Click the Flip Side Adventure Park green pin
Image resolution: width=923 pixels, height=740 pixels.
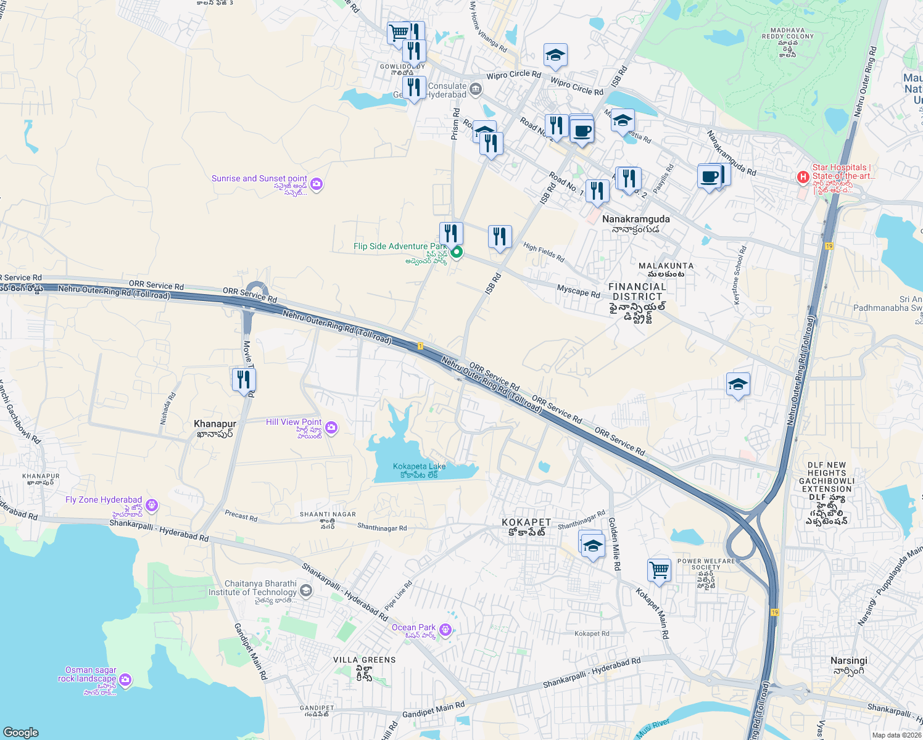pos(457,252)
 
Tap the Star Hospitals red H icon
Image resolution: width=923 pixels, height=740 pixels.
pos(803,178)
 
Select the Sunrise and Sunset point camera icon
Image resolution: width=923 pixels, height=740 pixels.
pos(317,184)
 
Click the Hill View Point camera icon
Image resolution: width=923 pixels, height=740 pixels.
pos(331,427)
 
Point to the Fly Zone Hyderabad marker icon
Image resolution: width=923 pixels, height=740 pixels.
pos(152,506)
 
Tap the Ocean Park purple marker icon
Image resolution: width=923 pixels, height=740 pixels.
pos(445,630)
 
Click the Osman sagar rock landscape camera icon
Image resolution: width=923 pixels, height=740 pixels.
pos(125,680)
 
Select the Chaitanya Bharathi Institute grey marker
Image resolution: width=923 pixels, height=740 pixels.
pos(306,591)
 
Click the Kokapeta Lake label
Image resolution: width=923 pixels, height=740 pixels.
pos(419,467)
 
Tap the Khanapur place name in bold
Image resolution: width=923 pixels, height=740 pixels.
pos(215,424)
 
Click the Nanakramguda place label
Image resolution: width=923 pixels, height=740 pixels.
pos(635,219)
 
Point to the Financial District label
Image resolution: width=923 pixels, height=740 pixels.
pos(637,292)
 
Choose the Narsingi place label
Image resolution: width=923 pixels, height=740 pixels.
pos(848,660)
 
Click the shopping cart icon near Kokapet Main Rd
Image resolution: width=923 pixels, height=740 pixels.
pos(659,570)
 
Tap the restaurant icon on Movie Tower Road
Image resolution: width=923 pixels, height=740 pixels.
pos(244,380)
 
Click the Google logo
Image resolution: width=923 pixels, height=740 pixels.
pos(20,732)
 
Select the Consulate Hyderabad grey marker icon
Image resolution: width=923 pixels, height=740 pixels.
pos(475,89)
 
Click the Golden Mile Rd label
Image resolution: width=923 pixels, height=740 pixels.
pos(615,543)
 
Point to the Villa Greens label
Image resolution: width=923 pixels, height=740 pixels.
pos(364,660)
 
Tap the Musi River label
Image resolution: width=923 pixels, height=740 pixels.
pos(653,729)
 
